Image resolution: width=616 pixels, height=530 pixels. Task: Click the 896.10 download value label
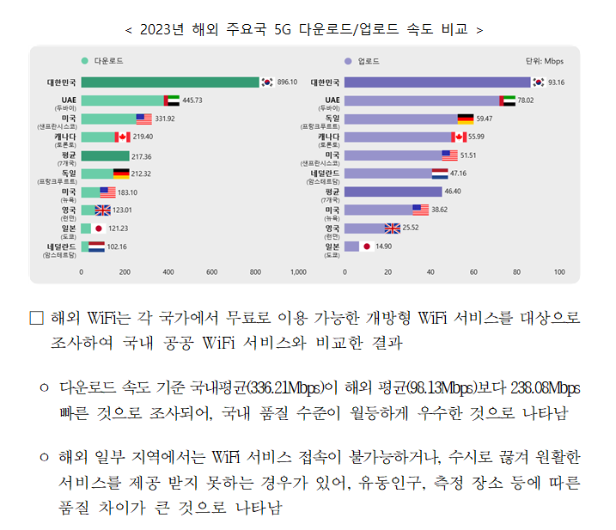[x=287, y=82]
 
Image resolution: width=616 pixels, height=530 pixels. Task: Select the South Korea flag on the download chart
[x=267, y=82]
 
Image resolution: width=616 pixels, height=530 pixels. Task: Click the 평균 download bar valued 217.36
[x=105, y=155]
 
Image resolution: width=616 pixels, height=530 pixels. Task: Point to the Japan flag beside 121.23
[x=99, y=228]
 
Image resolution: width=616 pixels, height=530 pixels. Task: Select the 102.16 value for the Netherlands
[x=116, y=247]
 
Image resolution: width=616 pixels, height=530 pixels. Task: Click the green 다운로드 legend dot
[x=84, y=61]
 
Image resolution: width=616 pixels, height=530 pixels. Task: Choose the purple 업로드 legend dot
[x=347, y=61]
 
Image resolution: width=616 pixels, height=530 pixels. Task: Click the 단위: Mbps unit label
[x=544, y=61]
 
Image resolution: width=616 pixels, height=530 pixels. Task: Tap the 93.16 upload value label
[x=556, y=82]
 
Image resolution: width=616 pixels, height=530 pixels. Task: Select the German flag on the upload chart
[x=465, y=119]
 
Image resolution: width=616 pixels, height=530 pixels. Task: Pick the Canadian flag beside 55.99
[x=460, y=137]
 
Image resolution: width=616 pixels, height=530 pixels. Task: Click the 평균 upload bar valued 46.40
[x=393, y=192]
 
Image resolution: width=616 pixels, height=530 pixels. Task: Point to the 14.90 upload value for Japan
[x=383, y=247]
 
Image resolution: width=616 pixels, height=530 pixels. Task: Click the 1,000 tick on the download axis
[x=298, y=271]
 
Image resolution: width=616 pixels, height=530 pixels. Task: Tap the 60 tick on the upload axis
[x=473, y=271]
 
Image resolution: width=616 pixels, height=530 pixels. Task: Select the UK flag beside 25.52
[x=393, y=228]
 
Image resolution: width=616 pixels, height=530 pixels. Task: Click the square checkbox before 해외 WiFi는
[x=36, y=318]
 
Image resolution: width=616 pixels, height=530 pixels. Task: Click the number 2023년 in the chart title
[x=160, y=29]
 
